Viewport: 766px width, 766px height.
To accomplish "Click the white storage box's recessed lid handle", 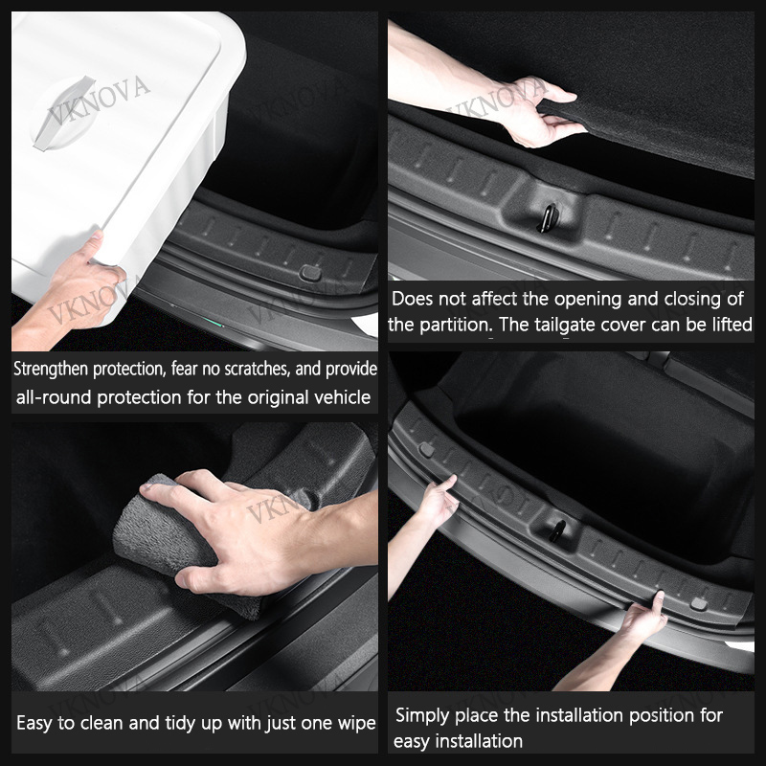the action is pos(62,113).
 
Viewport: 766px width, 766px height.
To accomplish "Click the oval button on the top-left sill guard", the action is pos(310,273).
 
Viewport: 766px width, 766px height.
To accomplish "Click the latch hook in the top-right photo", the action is pos(547,218).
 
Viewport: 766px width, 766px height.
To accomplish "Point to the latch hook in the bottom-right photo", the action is pos(557,531).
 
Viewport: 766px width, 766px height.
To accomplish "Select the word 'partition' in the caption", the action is pos(456,326).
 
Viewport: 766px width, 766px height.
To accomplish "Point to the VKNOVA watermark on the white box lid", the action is pos(98,101).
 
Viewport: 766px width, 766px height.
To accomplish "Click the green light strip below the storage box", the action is pos(213,322).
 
